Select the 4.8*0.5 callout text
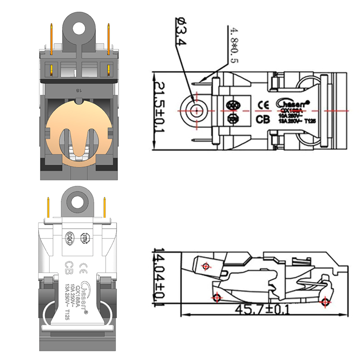[x=234, y=45]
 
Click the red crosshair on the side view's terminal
[x=207, y=266]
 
